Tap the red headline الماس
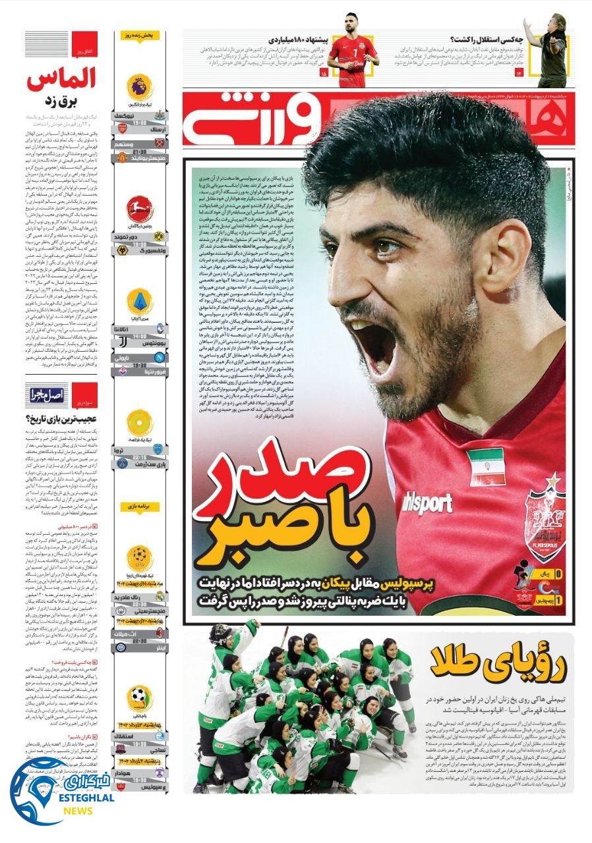tap(63, 79)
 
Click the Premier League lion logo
tap(140, 87)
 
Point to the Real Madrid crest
tap(160, 597)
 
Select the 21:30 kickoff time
tap(140, 151)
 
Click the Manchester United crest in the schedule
tap(122, 158)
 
